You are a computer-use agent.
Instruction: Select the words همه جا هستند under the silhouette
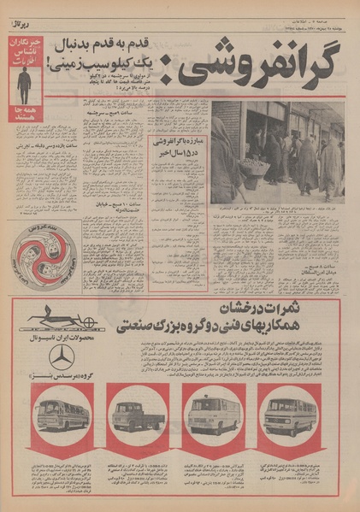[x=25, y=112]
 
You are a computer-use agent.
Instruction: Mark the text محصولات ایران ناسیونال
[x=60, y=338]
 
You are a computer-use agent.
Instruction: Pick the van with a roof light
[x=211, y=415]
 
